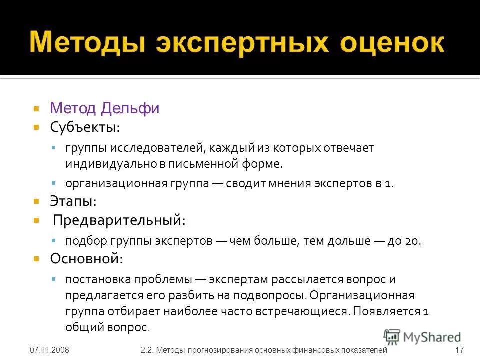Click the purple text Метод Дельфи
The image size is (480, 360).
[x=104, y=108]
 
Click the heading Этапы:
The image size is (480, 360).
[x=73, y=202]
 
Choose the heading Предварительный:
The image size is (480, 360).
[x=119, y=220]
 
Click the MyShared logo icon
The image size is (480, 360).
[x=392, y=336]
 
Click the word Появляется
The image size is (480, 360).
[x=386, y=311]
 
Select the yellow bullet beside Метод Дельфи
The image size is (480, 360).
[x=36, y=108]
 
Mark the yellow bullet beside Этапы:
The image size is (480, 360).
[x=36, y=202]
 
